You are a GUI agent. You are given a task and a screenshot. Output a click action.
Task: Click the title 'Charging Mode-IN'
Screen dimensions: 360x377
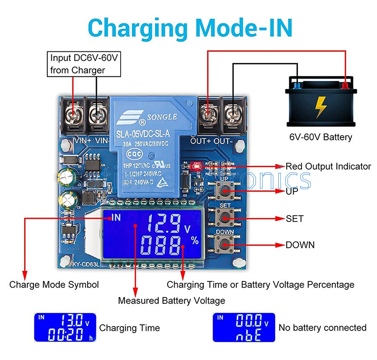pyautogui.click(x=190, y=28)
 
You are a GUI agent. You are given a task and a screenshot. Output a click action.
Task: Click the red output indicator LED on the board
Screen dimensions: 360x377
pyautogui.click(x=197, y=164)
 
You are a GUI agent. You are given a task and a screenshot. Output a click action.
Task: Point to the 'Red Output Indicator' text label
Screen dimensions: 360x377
pyautogui.click(x=328, y=167)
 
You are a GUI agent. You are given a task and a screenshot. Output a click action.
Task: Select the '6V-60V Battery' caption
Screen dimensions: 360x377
pyautogui.click(x=320, y=137)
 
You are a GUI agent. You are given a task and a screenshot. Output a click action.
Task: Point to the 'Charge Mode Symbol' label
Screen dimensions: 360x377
pyautogui.click(x=54, y=285)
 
